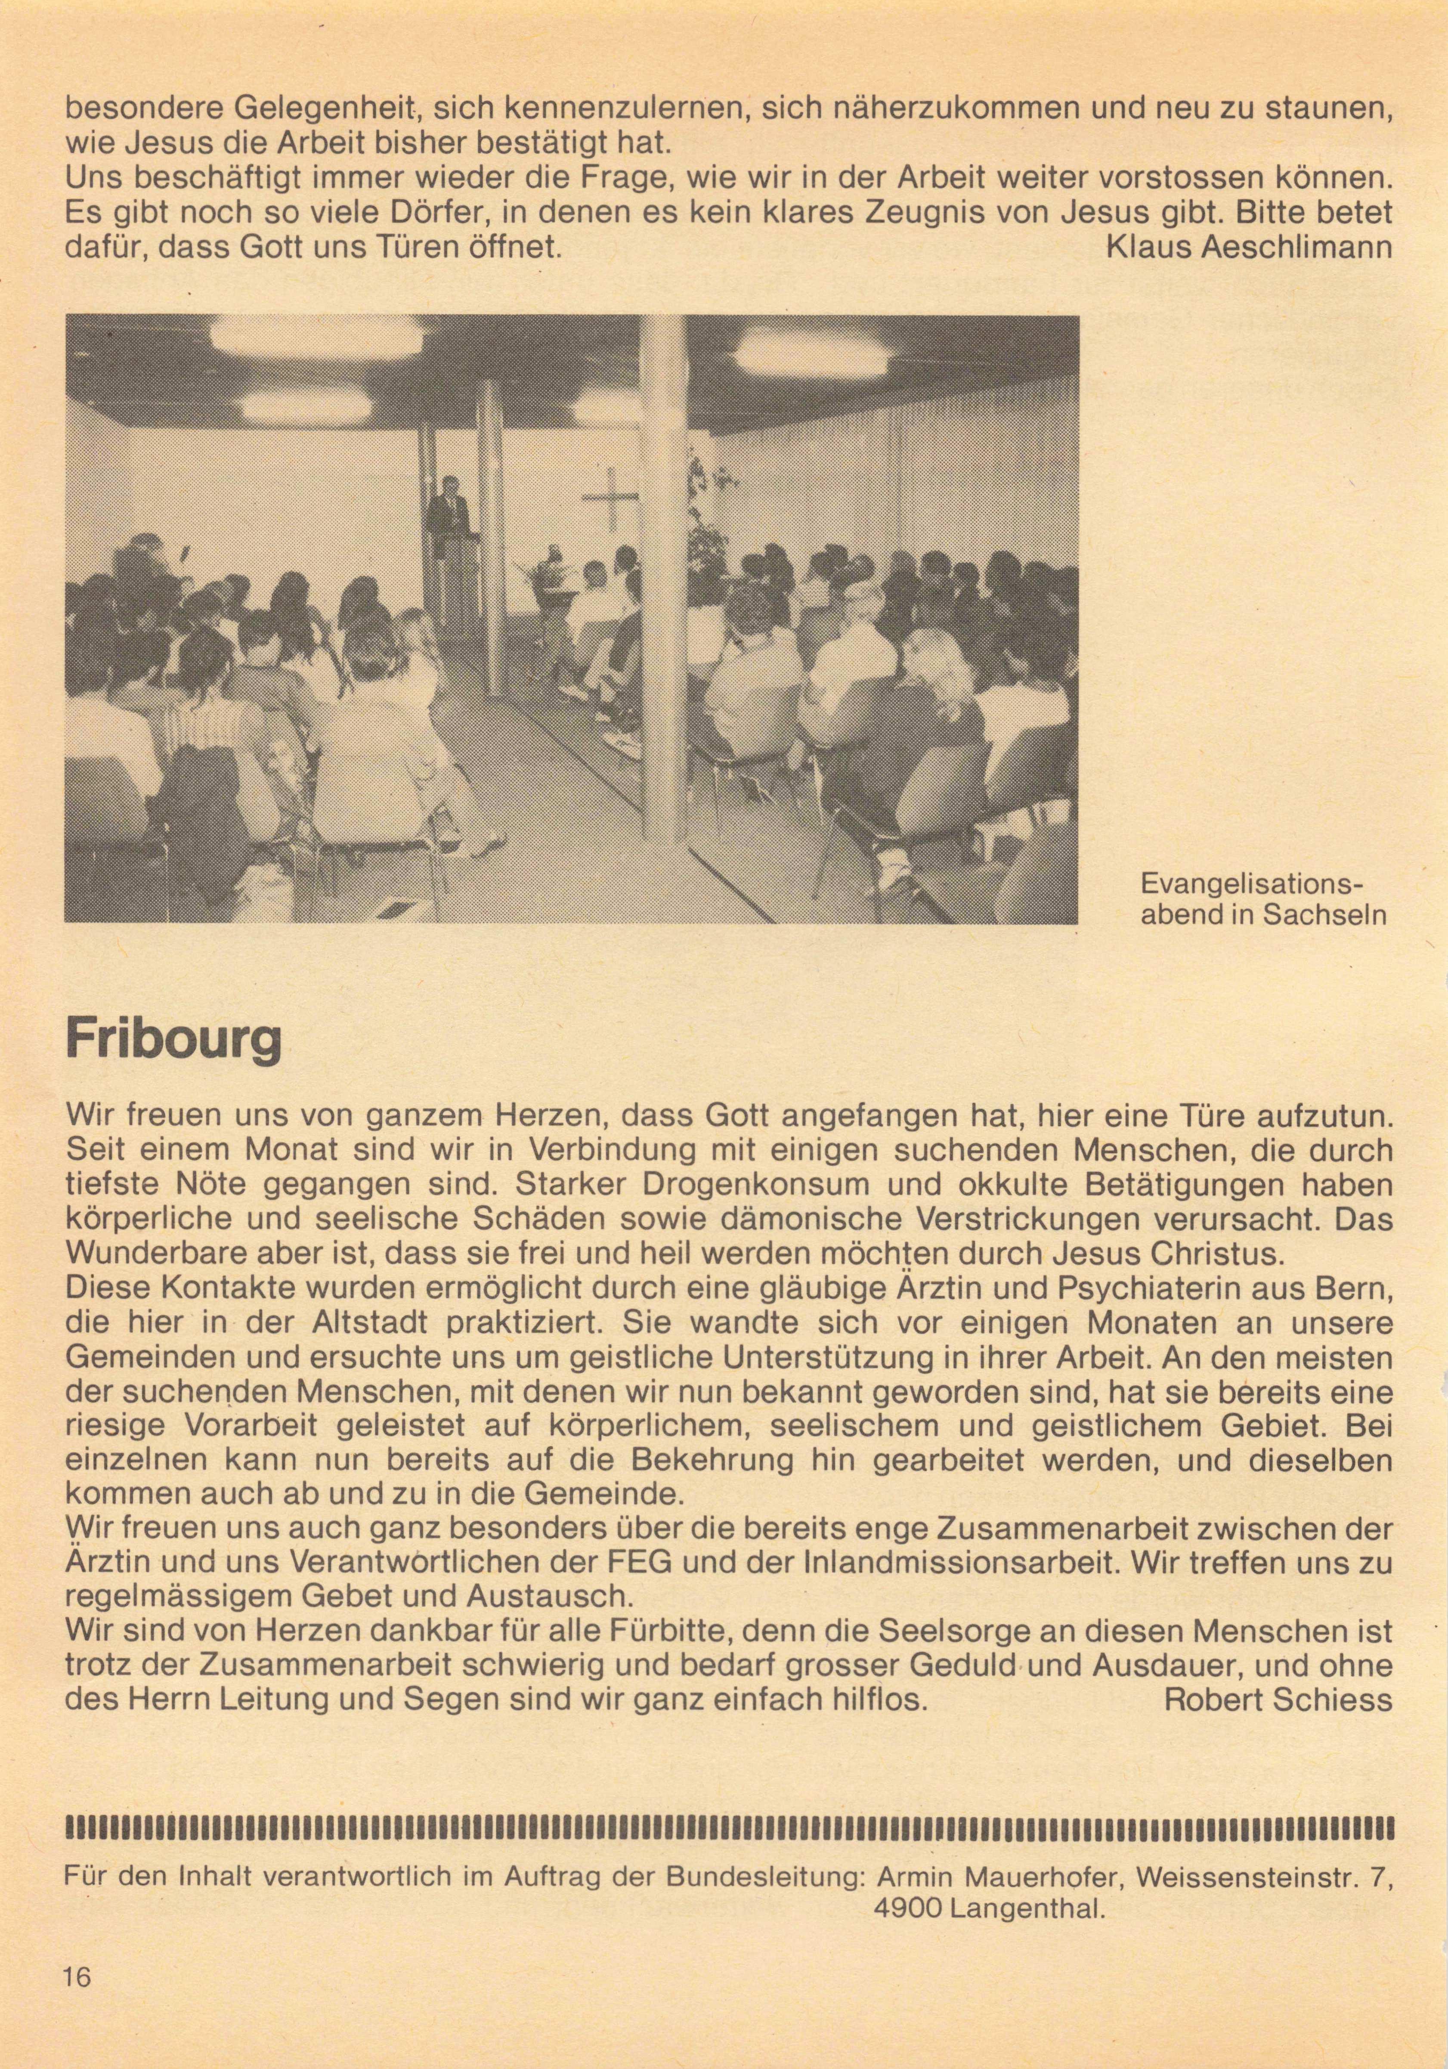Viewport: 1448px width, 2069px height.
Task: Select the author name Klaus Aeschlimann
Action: [x=1248, y=247]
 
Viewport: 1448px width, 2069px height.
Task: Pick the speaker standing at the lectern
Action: [x=449, y=514]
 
